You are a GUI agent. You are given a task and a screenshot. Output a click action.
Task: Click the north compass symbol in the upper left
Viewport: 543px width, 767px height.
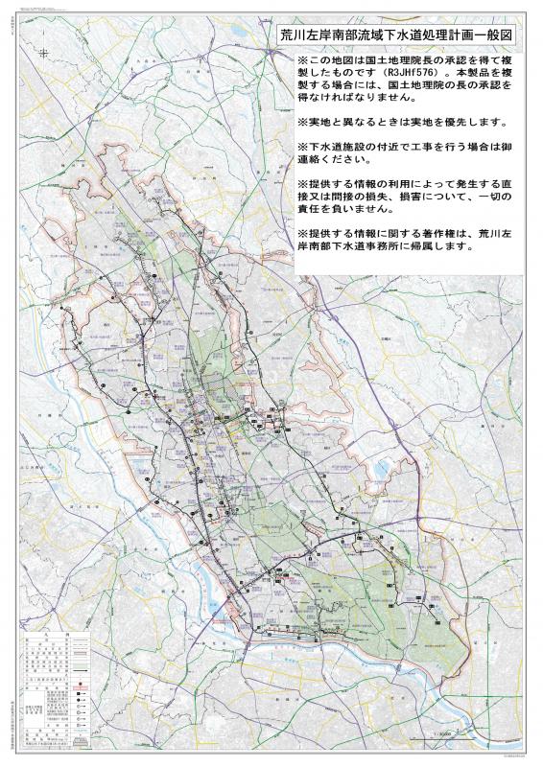45,54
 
